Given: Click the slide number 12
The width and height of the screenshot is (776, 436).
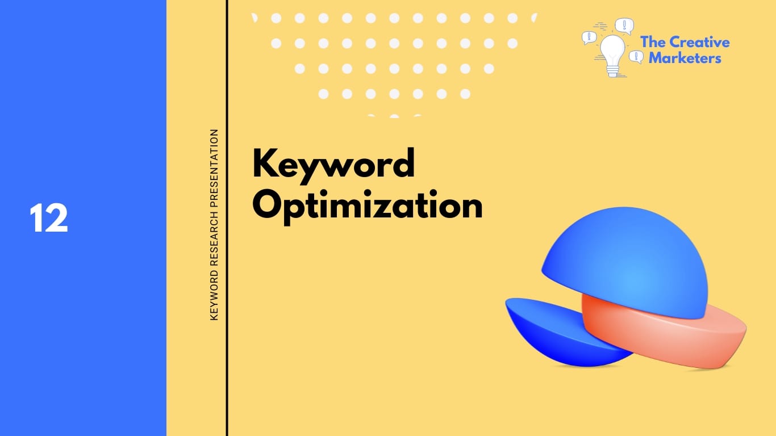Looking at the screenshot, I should click(x=49, y=219).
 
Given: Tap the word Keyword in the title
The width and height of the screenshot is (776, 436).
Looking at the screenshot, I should click(x=333, y=165).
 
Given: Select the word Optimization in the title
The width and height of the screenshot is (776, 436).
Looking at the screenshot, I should click(x=368, y=207).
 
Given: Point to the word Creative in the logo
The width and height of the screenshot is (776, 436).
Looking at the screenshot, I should click(x=699, y=42).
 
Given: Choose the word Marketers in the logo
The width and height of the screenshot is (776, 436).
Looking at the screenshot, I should click(x=685, y=58).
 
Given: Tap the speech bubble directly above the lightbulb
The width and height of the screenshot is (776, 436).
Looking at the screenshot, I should click(x=624, y=26).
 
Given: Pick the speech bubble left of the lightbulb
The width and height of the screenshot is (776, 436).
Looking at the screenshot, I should click(x=589, y=38).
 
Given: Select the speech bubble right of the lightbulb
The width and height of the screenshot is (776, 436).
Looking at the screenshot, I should click(x=636, y=56).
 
